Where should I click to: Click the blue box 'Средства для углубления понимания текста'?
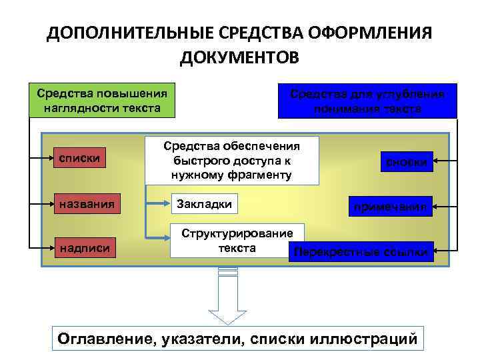click(367, 101)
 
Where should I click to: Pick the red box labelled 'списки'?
click(88, 158)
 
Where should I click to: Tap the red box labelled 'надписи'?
click(88, 249)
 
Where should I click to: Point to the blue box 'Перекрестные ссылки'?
click(361, 252)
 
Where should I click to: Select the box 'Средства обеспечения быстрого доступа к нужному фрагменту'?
click(232, 161)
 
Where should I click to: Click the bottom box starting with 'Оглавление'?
click(238, 338)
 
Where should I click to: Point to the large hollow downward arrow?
click(227, 297)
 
